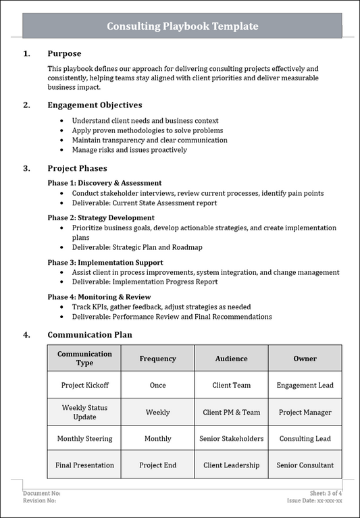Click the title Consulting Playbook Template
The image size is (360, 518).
point(182,26)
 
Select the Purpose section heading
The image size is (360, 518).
point(64,53)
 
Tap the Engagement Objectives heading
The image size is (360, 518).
point(95,105)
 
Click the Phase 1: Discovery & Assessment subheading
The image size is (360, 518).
point(104,183)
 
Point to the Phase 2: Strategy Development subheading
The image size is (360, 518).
point(101,218)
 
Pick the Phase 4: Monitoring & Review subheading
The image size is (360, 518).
point(99,297)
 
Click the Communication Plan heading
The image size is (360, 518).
point(90,334)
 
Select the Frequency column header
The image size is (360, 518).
point(157,359)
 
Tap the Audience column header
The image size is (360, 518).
point(231,359)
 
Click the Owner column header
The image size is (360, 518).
point(305,359)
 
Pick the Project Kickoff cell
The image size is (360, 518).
point(84,386)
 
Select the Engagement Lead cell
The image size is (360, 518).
point(305,386)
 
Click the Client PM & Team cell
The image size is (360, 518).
point(231,412)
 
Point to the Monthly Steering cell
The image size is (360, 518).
point(84,439)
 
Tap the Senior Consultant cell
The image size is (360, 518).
point(305,465)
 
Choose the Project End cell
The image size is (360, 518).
point(157,465)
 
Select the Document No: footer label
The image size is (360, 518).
point(42,493)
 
